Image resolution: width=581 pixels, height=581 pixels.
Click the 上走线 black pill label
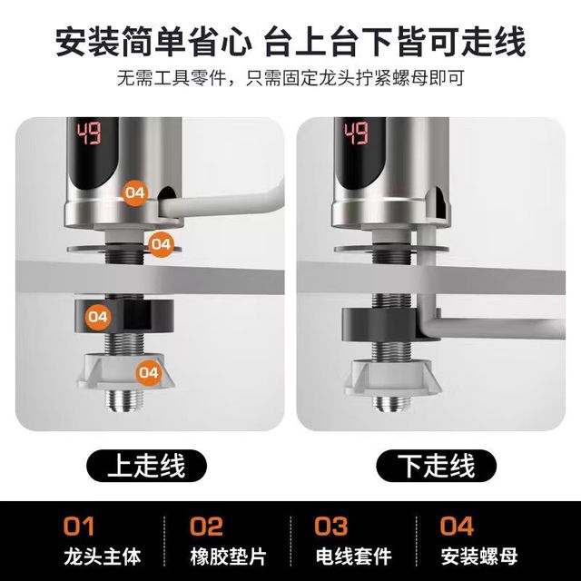coord(146,466)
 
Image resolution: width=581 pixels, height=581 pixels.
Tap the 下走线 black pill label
coord(436,466)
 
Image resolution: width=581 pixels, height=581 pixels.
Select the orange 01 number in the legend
coord(79,527)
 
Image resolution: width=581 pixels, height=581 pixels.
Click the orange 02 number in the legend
coord(206,527)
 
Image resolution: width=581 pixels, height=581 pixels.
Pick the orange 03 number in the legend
coord(330,527)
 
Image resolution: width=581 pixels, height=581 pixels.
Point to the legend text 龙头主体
coord(103,556)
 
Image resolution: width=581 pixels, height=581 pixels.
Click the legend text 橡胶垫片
coord(228,556)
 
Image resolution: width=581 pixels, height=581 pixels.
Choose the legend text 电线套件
coord(353,556)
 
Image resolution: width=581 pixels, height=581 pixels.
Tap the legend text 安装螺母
coord(478,556)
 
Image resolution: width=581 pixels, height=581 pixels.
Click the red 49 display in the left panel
coord(89,133)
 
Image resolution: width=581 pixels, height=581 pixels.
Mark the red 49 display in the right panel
coord(356,133)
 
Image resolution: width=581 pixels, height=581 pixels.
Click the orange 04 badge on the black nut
coord(98,317)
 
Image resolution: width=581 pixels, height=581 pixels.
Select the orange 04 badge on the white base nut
coord(149,372)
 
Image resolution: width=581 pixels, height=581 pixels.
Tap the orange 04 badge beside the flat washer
coord(161,244)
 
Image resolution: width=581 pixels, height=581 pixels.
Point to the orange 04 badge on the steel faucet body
coord(135,192)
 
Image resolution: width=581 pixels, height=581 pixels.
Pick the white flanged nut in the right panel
coord(392,378)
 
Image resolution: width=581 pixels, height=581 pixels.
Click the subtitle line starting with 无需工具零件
coord(290,78)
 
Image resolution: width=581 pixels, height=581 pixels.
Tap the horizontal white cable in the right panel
coord(501,327)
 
